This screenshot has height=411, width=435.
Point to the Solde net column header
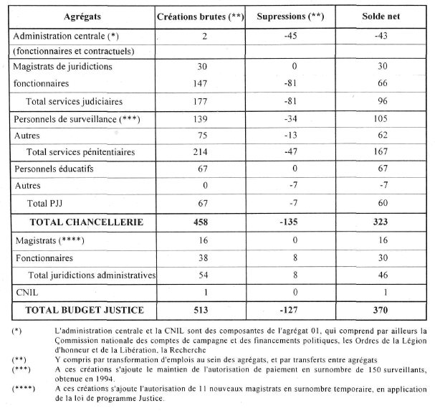pyautogui.click(x=382, y=16)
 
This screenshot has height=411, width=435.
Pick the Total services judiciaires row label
pyautogui.click(x=75, y=100)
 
